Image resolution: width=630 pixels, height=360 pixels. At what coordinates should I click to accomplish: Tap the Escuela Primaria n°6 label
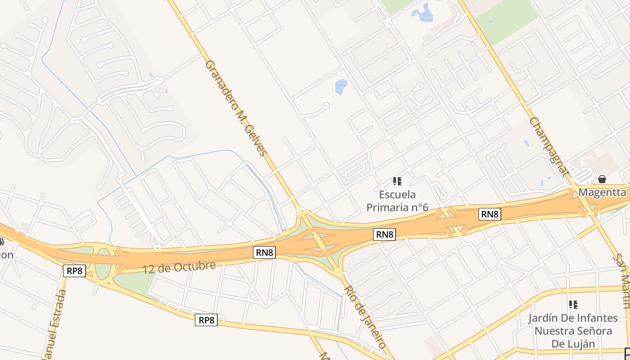tap(397, 201)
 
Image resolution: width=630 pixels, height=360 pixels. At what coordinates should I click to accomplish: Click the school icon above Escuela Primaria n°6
tap(397, 181)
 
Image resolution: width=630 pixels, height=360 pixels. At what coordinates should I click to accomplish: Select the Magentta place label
tap(602, 192)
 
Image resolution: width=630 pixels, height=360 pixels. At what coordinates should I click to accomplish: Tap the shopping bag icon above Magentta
tap(602, 179)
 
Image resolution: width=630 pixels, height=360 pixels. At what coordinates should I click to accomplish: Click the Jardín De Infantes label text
tap(573, 318)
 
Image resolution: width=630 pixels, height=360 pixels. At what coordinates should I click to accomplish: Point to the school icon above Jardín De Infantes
tap(573, 305)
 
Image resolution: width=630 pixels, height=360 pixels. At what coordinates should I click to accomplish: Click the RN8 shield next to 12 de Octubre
tap(265, 252)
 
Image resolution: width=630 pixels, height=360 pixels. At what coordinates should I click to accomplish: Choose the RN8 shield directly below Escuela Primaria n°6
tap(385, 234)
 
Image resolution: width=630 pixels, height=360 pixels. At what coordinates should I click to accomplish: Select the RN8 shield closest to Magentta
tap(490, 214)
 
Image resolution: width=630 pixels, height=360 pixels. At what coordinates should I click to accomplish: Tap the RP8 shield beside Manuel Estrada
tap(74, 271)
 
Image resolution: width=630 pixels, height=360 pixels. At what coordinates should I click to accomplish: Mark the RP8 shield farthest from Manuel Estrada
tap(207, 320)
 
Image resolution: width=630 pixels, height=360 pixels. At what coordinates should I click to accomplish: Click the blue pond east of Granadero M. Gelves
tap(341, 86)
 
